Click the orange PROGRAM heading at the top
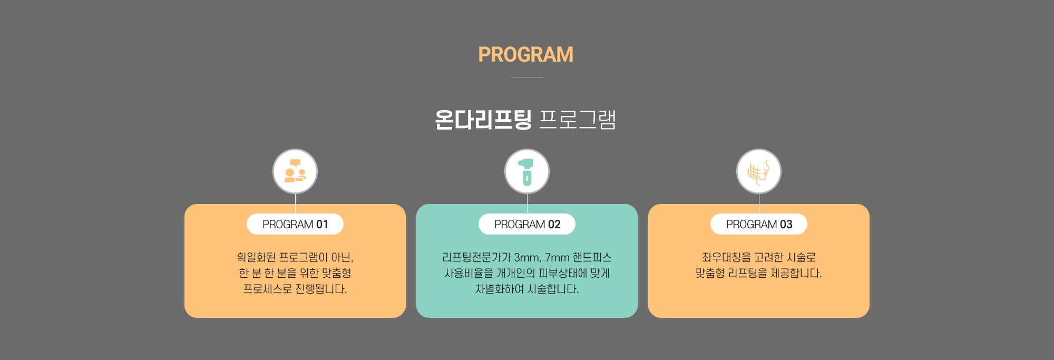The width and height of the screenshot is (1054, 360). [x=525, y=55]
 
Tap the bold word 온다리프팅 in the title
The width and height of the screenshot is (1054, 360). [x=483, y=120]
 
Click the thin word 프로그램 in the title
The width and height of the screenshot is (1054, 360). [x=578, y=120]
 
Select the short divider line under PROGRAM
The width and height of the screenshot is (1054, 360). [x=527, y=77]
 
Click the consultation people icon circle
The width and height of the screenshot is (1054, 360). [x=295, y=171]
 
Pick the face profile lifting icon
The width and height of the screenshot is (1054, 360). [x=759, y=171]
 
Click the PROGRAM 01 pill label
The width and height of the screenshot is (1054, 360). [x=295, y=224]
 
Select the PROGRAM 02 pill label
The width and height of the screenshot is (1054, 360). [x=527, y=224]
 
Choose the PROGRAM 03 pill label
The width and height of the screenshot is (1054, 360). [x=759, y=224]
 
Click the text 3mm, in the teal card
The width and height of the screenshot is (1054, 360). [x=528, y=258]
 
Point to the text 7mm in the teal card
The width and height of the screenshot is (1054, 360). [x=557, y=258]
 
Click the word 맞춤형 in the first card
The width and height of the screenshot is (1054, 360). [x=336, y=273]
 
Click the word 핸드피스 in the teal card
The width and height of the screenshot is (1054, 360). [x=592, y=257]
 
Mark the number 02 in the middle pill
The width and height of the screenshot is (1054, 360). [x=554, y=225]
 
